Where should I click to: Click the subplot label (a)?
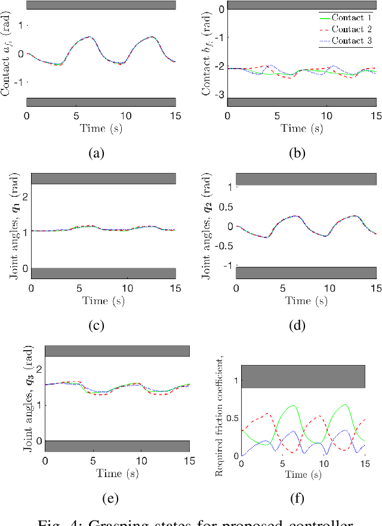point(96,154)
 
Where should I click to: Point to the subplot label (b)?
point(297,154)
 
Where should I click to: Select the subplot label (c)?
point(96,326)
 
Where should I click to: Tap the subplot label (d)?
point(297,326)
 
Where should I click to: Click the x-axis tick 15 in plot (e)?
point(189,461)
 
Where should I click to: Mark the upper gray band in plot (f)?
point(303,376)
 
